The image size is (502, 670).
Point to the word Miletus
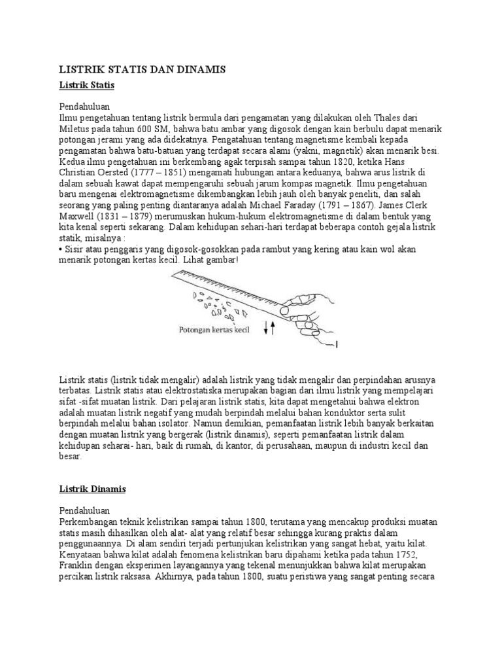click(x=75, y=130)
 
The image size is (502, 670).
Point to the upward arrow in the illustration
click(x=272, y=330)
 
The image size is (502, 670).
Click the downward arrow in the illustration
click(x=265, y=330)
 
